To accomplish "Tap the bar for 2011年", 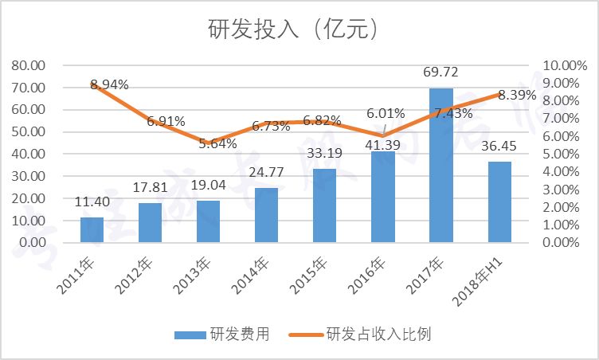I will [92, 229].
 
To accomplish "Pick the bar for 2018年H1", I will [499, 202].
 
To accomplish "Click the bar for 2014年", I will [266, 215].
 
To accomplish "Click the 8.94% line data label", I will [110, 84].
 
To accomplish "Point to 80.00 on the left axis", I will [29, 65].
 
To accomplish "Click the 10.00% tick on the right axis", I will [563, 65].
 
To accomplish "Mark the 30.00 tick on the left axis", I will [29, 176].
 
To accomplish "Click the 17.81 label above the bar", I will [150, 189].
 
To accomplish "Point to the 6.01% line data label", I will [386, 114].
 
